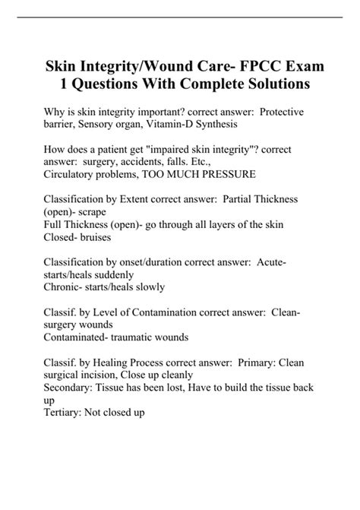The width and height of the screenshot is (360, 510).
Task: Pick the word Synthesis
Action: tap(231, 123)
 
